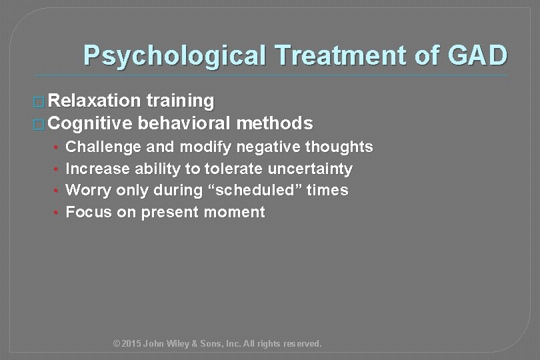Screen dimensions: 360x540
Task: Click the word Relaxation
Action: tap(95, 101)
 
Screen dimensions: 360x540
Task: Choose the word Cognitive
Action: tap(91, 123)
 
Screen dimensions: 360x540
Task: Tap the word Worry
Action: tap(89, 190)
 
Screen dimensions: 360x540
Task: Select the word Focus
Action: tap(88, 213)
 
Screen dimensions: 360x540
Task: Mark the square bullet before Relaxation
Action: tap(39, 102)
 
